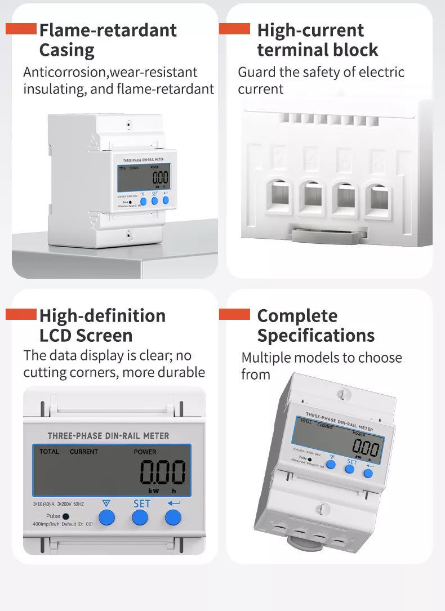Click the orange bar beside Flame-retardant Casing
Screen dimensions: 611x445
21,29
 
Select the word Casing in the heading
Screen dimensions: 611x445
66,50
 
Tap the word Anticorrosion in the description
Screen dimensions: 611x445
65,72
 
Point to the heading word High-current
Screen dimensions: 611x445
310,30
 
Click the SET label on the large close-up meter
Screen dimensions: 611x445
141,503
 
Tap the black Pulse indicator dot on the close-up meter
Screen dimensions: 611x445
66,516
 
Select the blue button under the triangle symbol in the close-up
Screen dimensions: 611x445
107,517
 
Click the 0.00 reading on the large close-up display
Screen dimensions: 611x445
162,472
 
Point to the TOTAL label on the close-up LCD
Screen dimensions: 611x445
49,452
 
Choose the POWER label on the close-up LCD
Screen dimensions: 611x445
145,452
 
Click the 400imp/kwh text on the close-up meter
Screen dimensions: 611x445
46,524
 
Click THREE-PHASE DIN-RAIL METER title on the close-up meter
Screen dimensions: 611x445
108,436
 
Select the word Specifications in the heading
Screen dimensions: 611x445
315,336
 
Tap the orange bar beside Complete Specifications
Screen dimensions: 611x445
234,314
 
